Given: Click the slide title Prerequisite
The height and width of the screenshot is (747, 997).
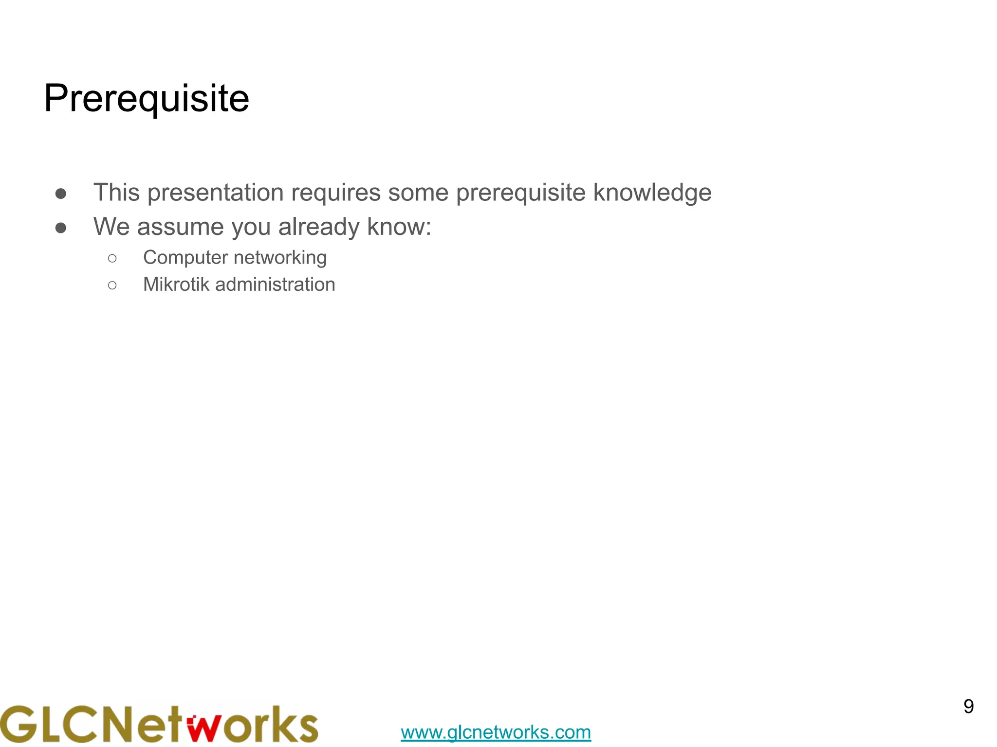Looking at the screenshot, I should [x=147, y=99].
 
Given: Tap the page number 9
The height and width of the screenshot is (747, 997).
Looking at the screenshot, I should [x=968, y=707].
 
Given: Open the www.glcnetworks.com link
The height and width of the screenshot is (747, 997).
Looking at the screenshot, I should [x=496, y=732].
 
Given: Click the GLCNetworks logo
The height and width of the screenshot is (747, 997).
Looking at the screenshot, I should [x=159, y=724].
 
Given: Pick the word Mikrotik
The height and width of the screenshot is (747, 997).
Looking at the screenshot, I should [x=176, y=285].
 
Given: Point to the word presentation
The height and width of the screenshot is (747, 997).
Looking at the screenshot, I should [x=215, y=193].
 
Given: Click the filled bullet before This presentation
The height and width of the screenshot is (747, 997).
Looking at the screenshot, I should [x=61, y=194].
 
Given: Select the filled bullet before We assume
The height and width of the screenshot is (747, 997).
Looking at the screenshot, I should [x=61, y=228].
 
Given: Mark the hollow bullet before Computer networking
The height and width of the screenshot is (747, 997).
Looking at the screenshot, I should [x=112, y=258].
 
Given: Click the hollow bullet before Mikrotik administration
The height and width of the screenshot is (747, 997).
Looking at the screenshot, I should [x=112, y=285].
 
